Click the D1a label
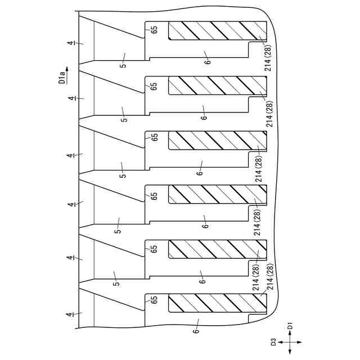62,76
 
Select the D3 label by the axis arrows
273,341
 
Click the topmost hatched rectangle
217,31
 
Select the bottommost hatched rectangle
217,304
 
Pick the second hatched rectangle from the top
217,85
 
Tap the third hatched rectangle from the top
217,140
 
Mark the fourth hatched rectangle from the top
217,194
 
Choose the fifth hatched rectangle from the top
217,249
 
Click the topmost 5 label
123,64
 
